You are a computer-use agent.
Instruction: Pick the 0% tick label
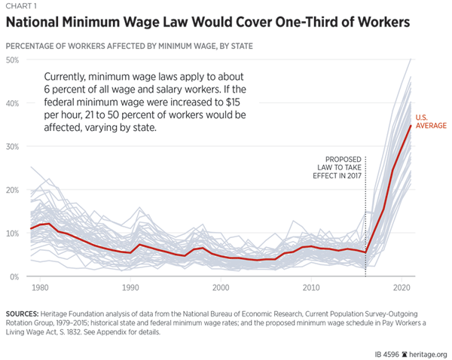point(14,277)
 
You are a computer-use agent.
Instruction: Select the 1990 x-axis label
point(131,288)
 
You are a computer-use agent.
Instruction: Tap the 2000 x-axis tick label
point(221,288)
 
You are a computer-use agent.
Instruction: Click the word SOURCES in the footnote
point(23,312)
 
